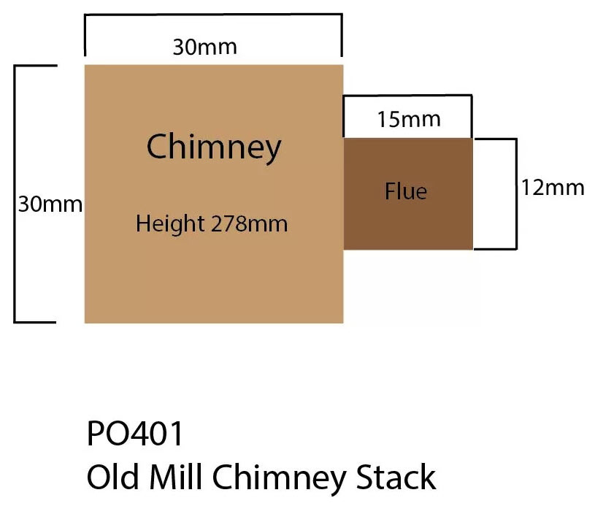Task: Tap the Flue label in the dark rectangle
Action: (x=405, y=191)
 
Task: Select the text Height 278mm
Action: (x=212, y=223)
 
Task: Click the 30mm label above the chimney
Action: (x=204, y=47)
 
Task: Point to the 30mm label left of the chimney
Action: (x=49, y=204)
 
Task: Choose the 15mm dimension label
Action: (x=409, y=118)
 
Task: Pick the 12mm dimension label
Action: (x=553, y=188)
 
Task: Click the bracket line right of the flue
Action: (x=516, y=193)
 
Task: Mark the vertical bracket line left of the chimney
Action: (x=15, y=193)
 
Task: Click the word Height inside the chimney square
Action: (x=171, y=223)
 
